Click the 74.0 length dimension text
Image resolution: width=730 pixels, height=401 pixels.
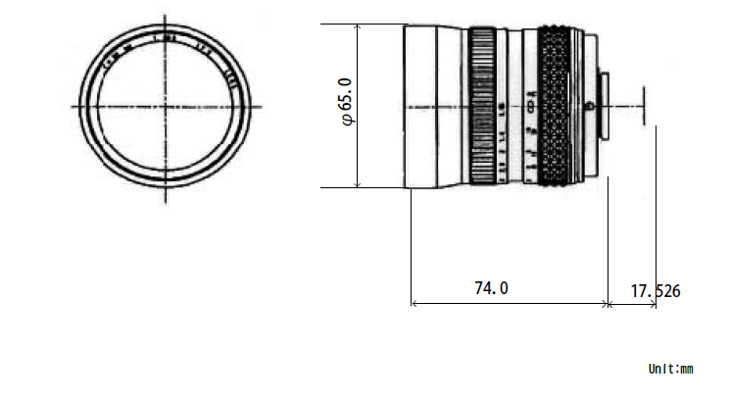[491, 288]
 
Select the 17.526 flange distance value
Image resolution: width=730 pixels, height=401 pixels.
[655, 291]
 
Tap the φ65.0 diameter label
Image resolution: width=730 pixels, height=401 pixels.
[344, 106]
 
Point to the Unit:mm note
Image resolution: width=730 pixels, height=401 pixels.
[670, 370]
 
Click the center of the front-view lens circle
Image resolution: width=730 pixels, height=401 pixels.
[165, 105]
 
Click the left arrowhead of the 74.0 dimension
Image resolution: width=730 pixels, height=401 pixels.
[414, 304]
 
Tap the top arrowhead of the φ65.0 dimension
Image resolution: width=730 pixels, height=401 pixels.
[359, 26]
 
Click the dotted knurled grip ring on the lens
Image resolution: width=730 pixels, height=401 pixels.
[554, 105]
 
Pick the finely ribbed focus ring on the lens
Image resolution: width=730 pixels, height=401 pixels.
[482, 105]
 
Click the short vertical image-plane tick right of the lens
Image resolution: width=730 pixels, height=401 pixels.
[644, 105]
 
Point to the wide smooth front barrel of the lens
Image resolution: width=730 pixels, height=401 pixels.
[431, 105]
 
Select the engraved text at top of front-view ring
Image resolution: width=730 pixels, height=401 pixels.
[165, 43]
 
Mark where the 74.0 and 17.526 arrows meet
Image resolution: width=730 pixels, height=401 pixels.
[609, 304]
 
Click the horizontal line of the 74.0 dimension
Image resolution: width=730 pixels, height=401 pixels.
[510, 304]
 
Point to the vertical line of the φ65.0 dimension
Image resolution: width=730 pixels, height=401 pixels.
[359, 147]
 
